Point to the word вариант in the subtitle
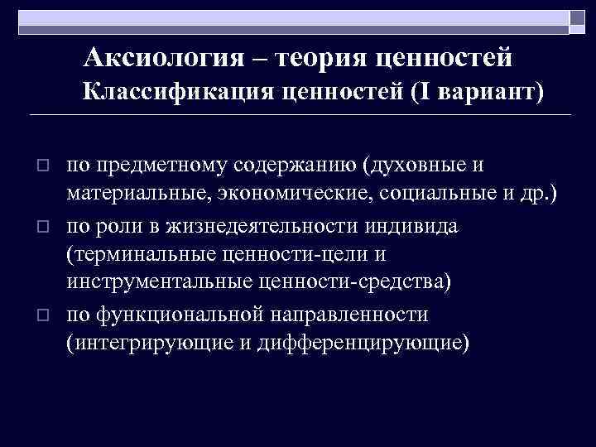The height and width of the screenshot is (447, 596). (493, 94)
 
